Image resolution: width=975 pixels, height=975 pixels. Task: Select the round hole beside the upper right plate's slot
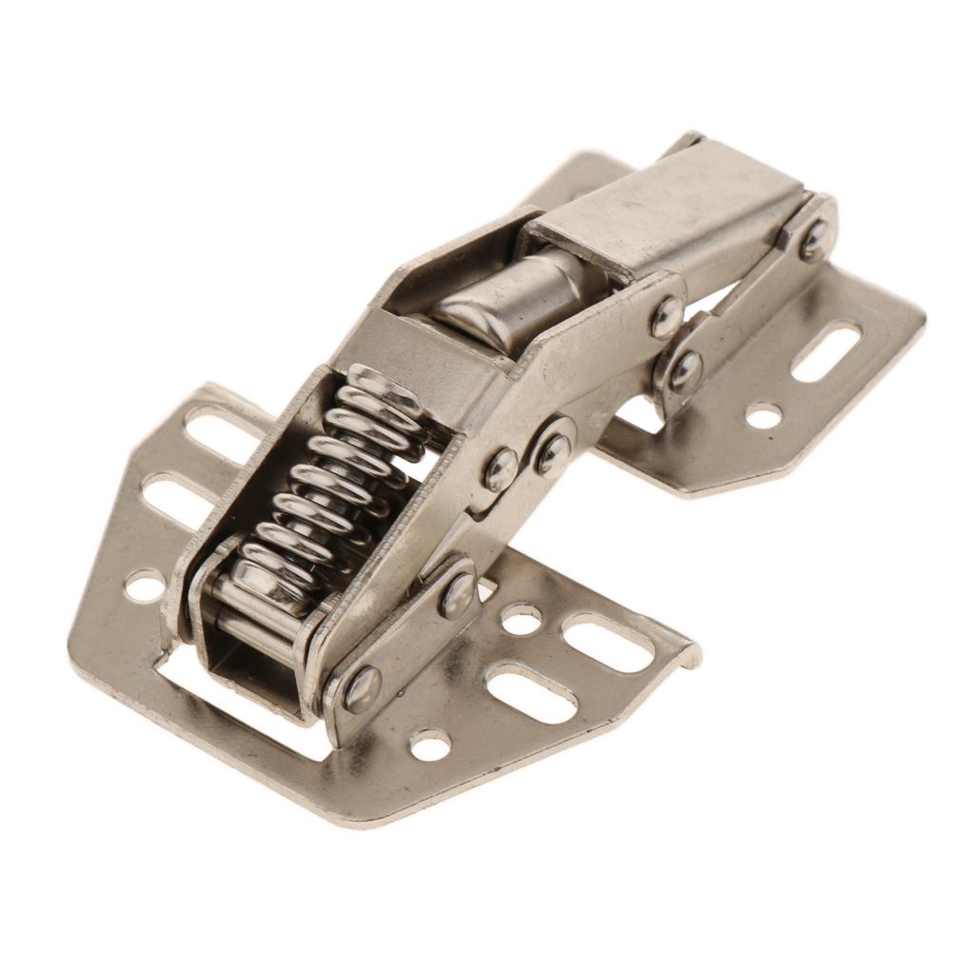(763, 415)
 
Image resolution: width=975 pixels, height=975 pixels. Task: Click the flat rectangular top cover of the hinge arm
(667, 209)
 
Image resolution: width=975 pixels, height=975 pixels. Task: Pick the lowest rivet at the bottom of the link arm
(362, 688)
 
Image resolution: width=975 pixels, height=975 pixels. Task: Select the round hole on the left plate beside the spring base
(145, 584)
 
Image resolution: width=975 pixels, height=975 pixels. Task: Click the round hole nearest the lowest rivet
(429, 745)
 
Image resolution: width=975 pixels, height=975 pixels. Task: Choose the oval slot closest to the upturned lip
(608, 642)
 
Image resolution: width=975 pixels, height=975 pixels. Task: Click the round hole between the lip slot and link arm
(521, 619)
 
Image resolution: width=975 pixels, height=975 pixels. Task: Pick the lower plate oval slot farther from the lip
(530, 693)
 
